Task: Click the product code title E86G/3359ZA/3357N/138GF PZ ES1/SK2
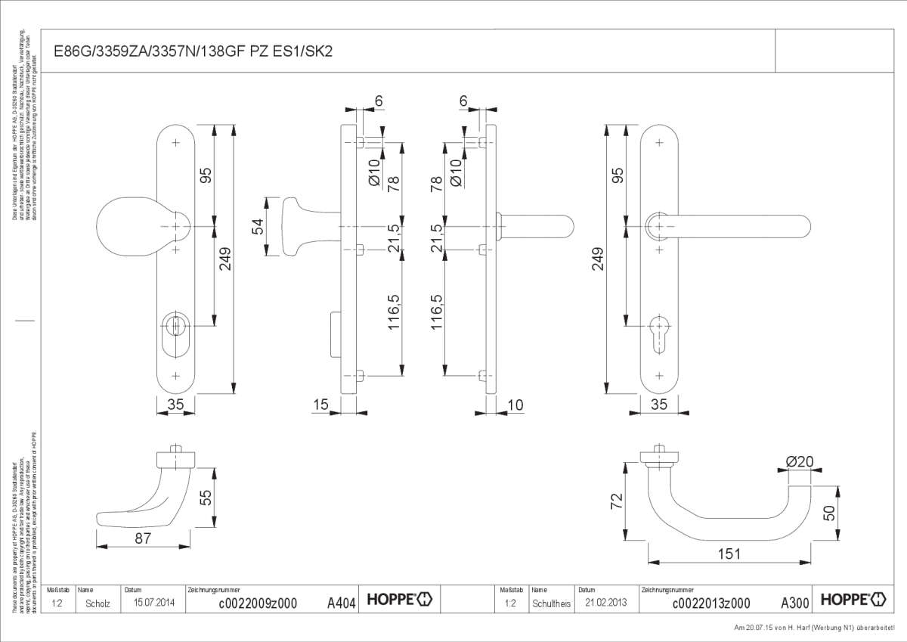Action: coord(192,51)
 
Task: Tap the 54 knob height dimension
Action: coord(257,226)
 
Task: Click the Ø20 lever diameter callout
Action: coord(798,461)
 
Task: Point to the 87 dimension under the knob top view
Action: coord(144,538)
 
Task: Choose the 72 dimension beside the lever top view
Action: coord(617,500)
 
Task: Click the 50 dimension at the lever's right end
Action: coord(828,513)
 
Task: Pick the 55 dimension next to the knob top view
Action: coord(205,497)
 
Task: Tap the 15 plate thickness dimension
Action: coord(320,405)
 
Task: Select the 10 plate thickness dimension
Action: coord(516,405)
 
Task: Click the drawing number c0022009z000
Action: coord(257,603)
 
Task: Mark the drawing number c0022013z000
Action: coord(710,603)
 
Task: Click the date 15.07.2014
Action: coord(154,603)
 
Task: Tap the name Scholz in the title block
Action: coord(98,603)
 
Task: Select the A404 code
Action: coord(341,603)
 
